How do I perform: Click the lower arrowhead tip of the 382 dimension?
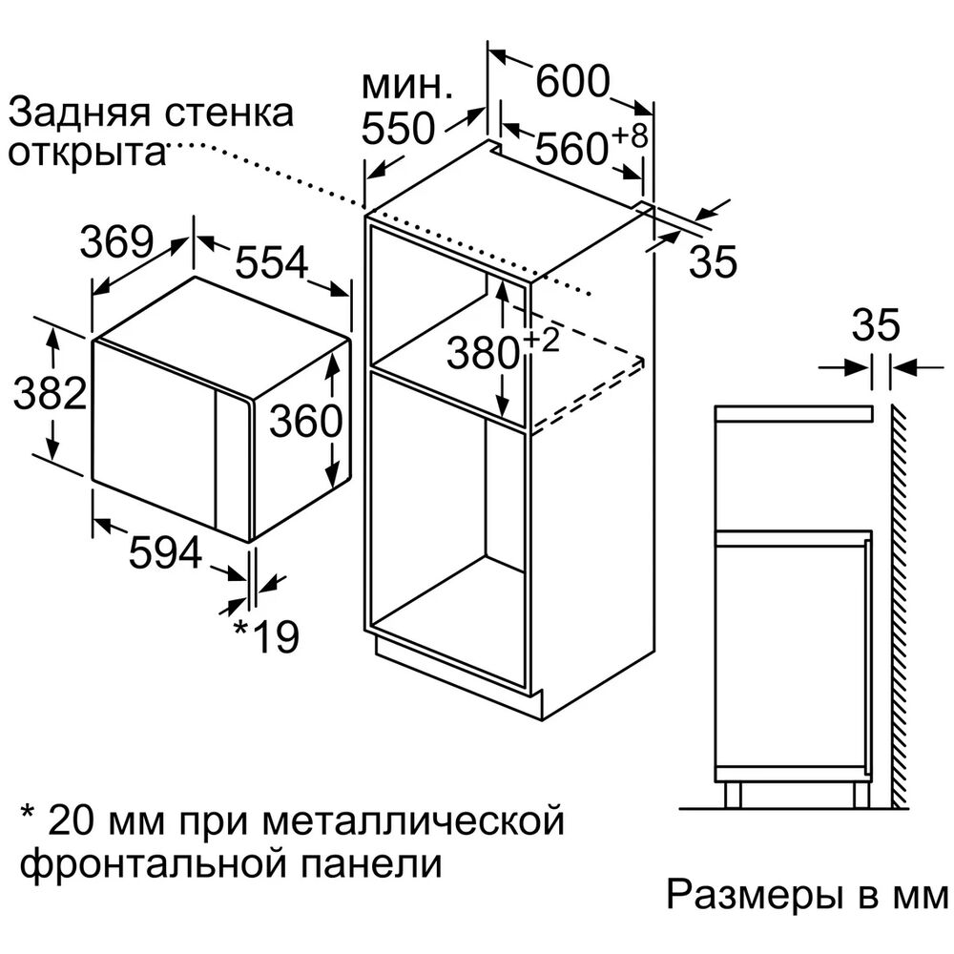[53, 460]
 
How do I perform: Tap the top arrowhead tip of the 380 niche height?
[503, 282]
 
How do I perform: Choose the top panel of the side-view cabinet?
[794, 414]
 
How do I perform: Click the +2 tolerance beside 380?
[540, 340]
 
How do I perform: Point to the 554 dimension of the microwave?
[271, 263]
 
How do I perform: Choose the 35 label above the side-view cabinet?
[876, 324]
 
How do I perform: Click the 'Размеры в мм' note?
[807, 895]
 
